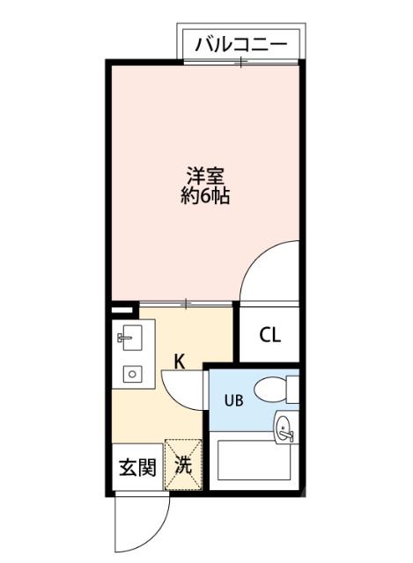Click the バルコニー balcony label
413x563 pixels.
241,43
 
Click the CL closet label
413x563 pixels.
269,335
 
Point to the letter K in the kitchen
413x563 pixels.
179,361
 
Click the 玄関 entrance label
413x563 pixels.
137,466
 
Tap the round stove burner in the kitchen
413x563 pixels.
132,374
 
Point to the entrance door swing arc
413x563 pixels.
141,523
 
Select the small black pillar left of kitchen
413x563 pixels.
124,310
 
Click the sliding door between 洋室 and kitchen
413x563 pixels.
186,303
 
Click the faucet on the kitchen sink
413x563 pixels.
122,336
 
